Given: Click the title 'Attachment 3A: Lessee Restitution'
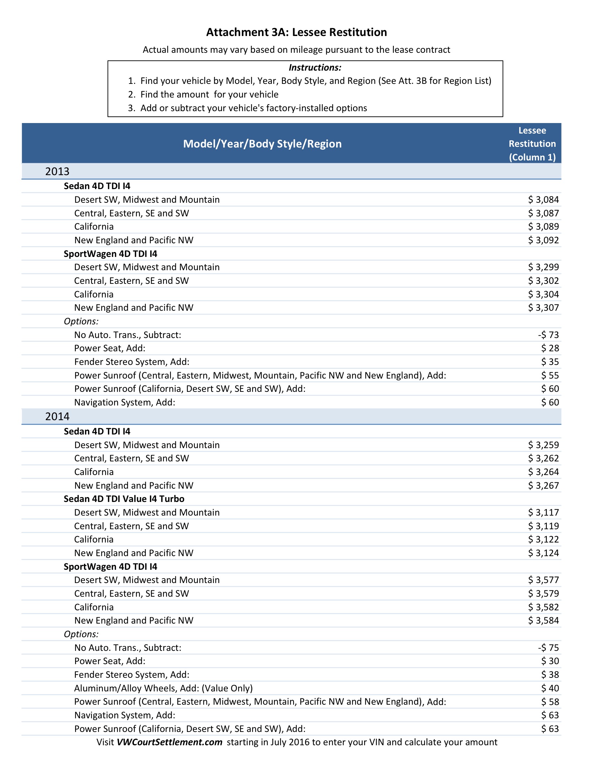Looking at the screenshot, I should pyautogui.click(x=296, y=33).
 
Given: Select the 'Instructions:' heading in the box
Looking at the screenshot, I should pyautogui.click(x=314, y=67).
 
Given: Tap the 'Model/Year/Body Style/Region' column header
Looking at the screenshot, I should pyautogui.click(x=262, y=144).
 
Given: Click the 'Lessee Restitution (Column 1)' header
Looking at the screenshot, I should pyautogui.click(x=532, y=144).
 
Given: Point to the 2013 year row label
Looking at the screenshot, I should pyautogui.click(x=57, y=172).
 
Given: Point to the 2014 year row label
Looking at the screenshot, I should pyautogui.click(x=57, y=417).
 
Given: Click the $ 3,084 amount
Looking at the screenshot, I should pyautogui.click(x=543, y=200).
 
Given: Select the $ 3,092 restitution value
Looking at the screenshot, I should pyautogui.click(x=543, y=240).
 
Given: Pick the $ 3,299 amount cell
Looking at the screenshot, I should pyautogui.click(x=543, y=267).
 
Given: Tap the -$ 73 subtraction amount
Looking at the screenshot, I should pyautogui.click(x=548, y=335).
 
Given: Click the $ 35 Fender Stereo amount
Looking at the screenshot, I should pyautogui.click(x=550, y=362).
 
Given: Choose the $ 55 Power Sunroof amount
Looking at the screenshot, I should pyautogui.click(x=550, y=375).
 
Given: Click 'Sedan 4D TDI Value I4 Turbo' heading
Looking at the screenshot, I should pyautogui.click(x=124, y=499).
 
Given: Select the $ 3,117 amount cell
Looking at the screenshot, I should pyautogui.click(x=543, y=512).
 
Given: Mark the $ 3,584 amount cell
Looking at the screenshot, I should pyautogui.click(x=543, y=620).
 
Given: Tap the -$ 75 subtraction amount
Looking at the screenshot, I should pyautogui.click(x=548, y=647).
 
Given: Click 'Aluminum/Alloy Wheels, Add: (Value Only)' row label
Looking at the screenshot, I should pyautogui.click(x=163, y=688).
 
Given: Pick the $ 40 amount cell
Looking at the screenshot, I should pyautogui.click(x=550, y=688).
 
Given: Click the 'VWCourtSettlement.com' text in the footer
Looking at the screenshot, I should pyautogui.click(x=169, y=742).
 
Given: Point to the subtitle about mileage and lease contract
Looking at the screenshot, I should pyautogui.click(x=296, y=50).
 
